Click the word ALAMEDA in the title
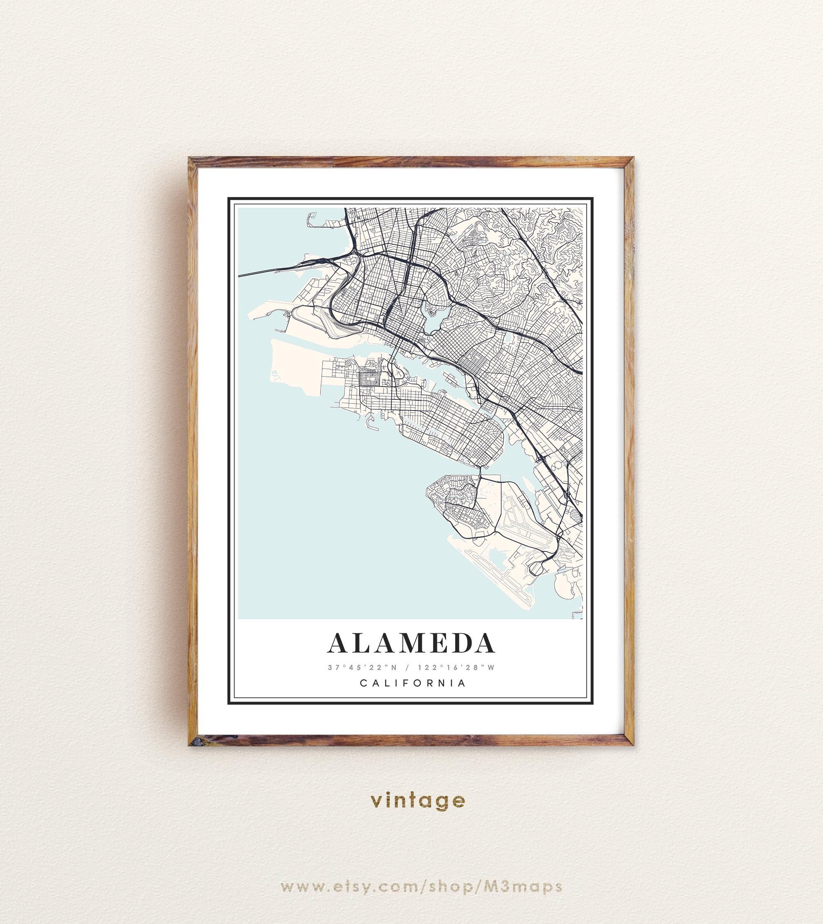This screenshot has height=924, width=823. pos(411,643)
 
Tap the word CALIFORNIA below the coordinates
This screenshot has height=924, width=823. pos(413,683)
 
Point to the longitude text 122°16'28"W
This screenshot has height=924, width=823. pos(456,667)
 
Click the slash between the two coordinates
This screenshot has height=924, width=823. pos(408,667)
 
